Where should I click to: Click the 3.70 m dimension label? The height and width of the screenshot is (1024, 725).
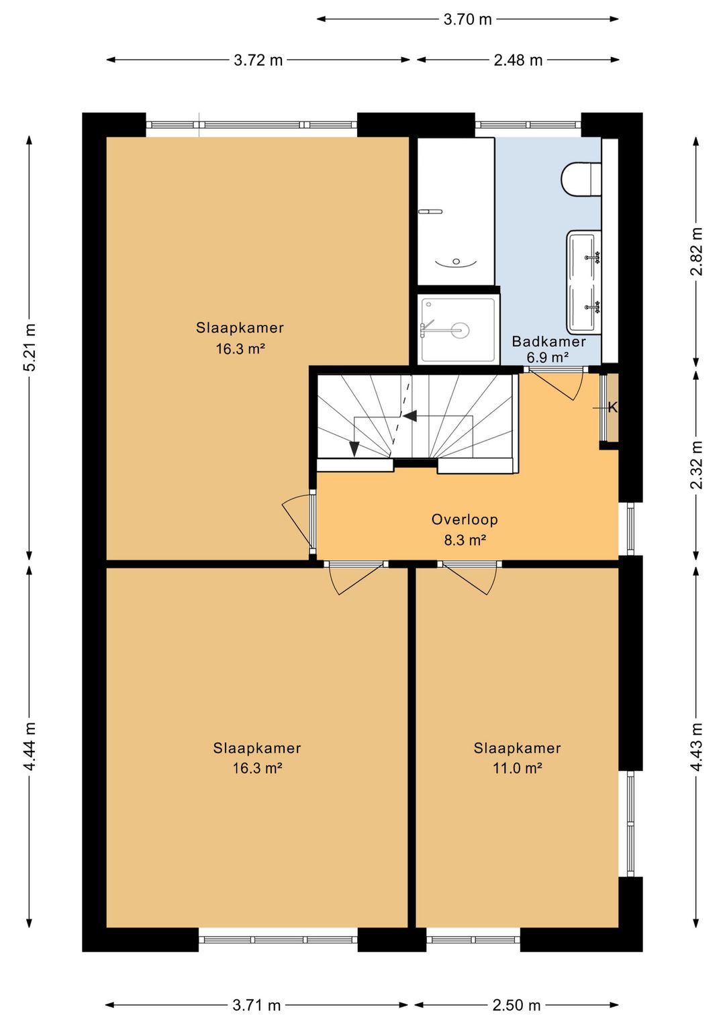467,19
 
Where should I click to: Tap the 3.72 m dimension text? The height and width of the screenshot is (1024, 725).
258,60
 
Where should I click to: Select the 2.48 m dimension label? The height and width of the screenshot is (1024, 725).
518,60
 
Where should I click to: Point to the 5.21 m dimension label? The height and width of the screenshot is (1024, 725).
30,348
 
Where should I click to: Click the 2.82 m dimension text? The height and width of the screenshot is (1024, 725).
697,251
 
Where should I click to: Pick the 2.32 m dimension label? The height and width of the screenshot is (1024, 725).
697,465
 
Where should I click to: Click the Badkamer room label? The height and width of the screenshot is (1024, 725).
548,342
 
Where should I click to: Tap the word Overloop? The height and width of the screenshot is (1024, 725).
465,519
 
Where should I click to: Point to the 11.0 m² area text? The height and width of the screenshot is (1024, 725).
517,768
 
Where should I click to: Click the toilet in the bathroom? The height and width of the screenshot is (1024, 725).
581,178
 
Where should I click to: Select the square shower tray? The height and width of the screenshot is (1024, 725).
458,329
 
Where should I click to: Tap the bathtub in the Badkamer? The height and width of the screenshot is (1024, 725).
456,211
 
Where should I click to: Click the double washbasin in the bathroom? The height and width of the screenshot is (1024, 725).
583,282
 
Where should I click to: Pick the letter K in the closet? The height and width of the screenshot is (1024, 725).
612,407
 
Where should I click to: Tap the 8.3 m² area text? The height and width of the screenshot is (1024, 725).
465,540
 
